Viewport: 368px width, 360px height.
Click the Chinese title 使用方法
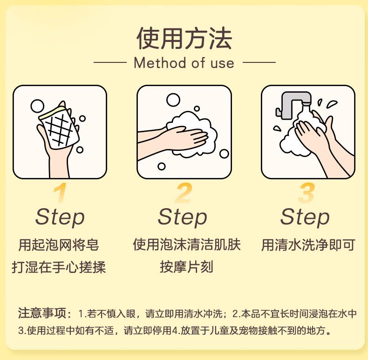pos(184,38)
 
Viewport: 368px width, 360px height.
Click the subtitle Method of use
pos(184,63)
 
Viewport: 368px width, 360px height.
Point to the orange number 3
pos(306,193)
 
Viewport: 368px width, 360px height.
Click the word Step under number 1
pos(60,217)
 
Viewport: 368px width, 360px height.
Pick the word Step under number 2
pos(182,217)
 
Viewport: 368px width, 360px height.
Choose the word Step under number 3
pos(305,217)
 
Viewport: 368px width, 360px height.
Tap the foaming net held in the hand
pos(59,127)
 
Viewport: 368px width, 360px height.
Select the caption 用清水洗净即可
pos(308,245)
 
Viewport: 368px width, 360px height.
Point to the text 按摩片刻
pos(186,267)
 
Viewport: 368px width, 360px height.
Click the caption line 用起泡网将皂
pos(59,245)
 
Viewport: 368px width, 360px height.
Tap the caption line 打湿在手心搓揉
pos(59,267)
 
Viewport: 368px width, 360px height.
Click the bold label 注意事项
pos(42,313)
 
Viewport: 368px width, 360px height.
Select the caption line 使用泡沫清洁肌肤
pos(187,245)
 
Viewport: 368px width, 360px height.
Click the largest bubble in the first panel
pos(37,106)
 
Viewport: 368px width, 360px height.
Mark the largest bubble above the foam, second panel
pos(173,100)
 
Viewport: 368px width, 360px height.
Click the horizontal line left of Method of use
pos(110,62)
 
